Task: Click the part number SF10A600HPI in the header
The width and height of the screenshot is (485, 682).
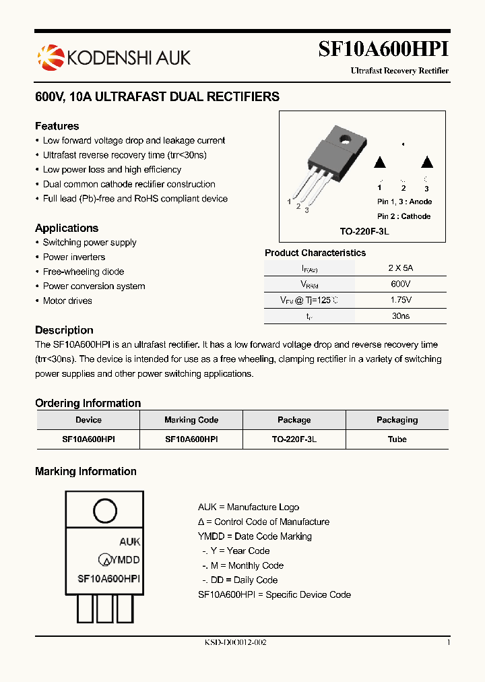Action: [x=383, y=49]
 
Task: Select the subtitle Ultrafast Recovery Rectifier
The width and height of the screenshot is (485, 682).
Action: [x=399, y=71]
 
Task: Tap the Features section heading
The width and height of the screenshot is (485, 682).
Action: [x=57, y=126]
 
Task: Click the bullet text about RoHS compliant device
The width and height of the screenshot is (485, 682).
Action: [x=135, y=199]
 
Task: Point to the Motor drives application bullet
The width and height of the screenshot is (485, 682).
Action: [x=67, y=301]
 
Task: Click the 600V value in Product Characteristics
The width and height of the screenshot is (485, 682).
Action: [x=401, y=284]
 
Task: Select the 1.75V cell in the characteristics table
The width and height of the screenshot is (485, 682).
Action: [x=401, y=300]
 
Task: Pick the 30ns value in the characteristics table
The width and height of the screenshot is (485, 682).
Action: [x=401, y=315]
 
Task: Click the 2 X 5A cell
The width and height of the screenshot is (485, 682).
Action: [x=401, y=268]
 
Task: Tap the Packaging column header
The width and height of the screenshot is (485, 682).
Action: [x=397, y=420]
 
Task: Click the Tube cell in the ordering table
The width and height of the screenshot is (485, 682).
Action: [x=397, y=439]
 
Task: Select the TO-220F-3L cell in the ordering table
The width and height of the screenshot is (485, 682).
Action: [x=294, y=439]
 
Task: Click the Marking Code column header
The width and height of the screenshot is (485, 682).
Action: [x=191, y=420]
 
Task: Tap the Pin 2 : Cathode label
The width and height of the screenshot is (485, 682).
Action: [x=403, y=216]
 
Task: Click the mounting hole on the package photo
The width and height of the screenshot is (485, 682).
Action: [x=346, y=140]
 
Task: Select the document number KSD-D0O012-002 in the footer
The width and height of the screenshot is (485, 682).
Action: [x=236, y=643]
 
